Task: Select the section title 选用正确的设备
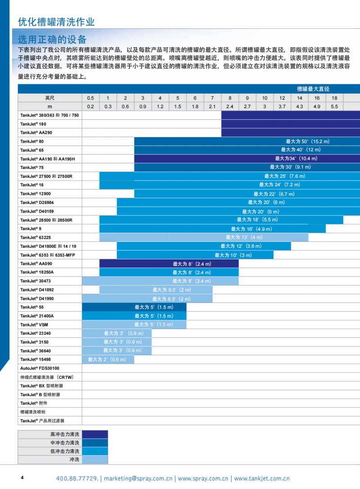point(52,39)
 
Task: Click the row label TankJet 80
point(32,141)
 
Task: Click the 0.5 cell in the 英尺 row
point(90,98)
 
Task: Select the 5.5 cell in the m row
point(334,106)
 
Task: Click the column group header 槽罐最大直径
point(313,89)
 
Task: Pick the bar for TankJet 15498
point(108,359)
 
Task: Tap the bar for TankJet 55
point(134,307)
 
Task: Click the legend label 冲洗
point(74,460)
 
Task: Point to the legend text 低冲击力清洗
point(65,451)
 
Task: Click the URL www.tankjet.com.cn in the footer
point(261,478)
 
